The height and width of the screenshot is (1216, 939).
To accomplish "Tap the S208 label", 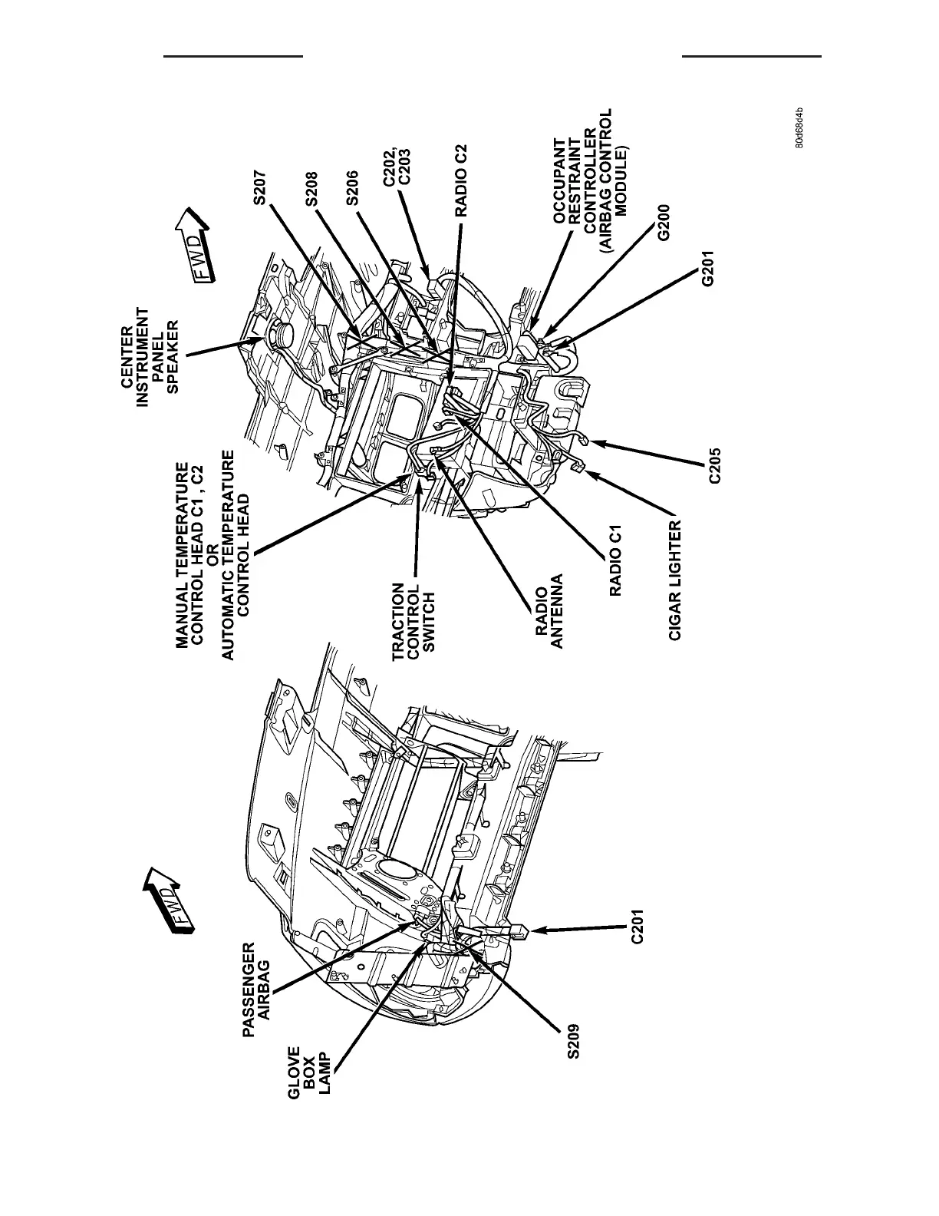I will (x=311, y=188).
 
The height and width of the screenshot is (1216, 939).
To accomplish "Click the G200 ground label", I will (x=664, y=223).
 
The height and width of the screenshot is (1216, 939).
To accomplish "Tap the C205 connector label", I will (x=714, y=464).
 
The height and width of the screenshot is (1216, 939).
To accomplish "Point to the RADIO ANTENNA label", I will (x=549, y=611).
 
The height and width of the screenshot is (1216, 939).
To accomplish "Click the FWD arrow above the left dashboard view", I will (x=168, y=899).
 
